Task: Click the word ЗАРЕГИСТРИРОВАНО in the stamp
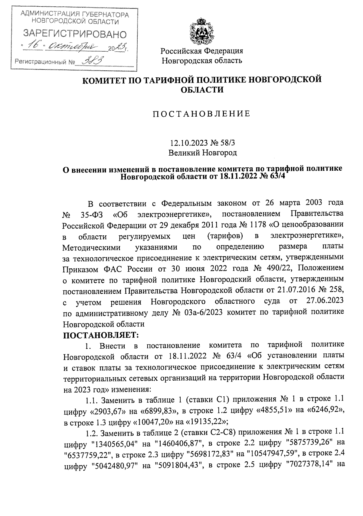(x=75, y=34)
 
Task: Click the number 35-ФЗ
(x=92, y=215)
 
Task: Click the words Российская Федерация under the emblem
(x=202, y=51)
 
